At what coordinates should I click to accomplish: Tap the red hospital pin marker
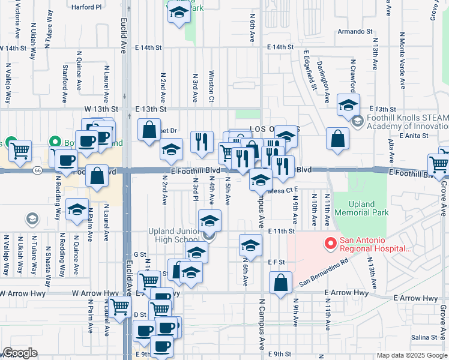point(330,244)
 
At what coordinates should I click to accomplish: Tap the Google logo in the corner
point(20,353)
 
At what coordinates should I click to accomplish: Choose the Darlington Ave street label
point(328,85)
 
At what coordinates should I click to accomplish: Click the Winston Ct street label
point(211,88)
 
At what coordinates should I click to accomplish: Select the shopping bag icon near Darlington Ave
point(338,138)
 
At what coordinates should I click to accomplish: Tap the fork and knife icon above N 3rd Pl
point(202,142)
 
